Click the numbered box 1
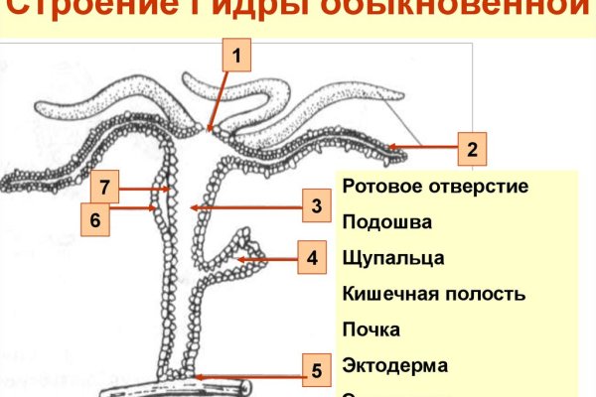(x=237, y=55)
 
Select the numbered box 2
(x=472, y=150)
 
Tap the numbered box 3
(x=315, y=206)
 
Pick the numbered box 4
(x=312, y=259)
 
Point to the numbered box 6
(x=94, y=219)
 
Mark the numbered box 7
(x=105, y=186)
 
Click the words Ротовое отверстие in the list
(x=434, y=186)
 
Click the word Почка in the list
(x=370, y=329)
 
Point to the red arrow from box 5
(x=248, y=375)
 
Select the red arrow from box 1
(x=223, y=99)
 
